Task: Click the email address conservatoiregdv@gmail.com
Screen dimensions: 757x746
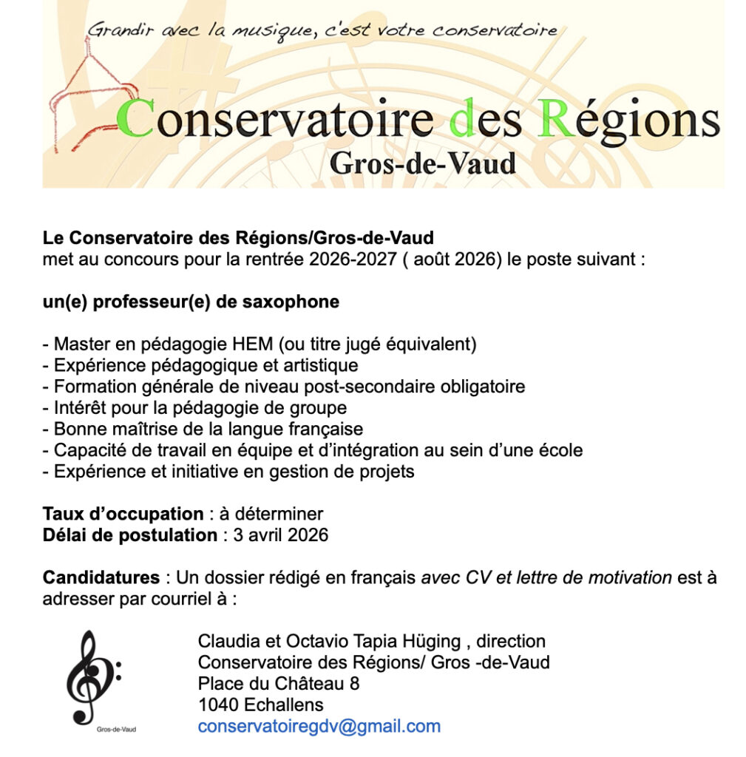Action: [319, 726]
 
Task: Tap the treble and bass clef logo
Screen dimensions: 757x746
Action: [92, 676]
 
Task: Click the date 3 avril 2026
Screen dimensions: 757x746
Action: [280, 534]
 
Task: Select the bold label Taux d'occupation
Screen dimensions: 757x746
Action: [123, 514]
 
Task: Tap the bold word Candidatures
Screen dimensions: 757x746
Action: [101, 577]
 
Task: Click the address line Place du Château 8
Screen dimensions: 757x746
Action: [278, 683]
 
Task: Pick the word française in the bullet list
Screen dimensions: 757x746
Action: [325, 429]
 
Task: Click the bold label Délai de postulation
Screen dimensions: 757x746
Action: [130, 534]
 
